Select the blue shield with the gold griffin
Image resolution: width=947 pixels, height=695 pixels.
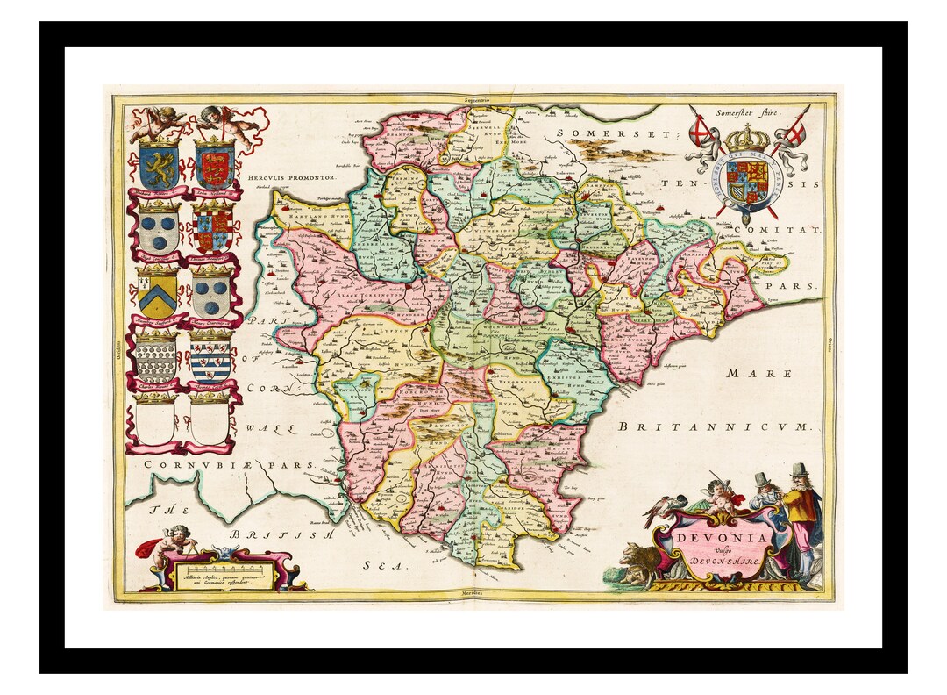tap(159, 164)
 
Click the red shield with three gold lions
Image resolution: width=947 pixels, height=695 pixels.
tap(213, 164)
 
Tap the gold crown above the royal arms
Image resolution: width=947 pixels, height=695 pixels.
tap(746, 137)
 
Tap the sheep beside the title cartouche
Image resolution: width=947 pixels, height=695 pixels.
tap(637, 562)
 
